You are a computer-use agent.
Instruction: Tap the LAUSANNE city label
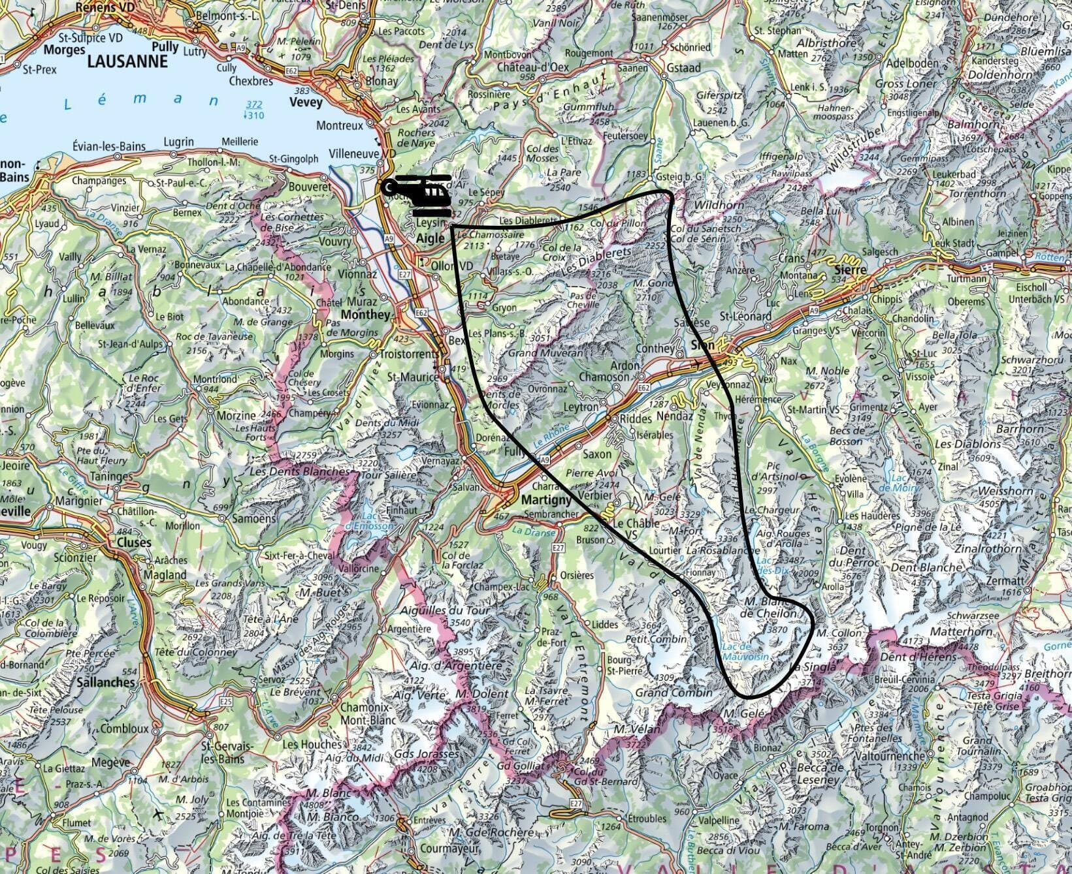[x=127, y=61]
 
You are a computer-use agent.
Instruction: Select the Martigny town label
[x=547, y=499]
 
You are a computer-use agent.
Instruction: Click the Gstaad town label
[x=684, y=68]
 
